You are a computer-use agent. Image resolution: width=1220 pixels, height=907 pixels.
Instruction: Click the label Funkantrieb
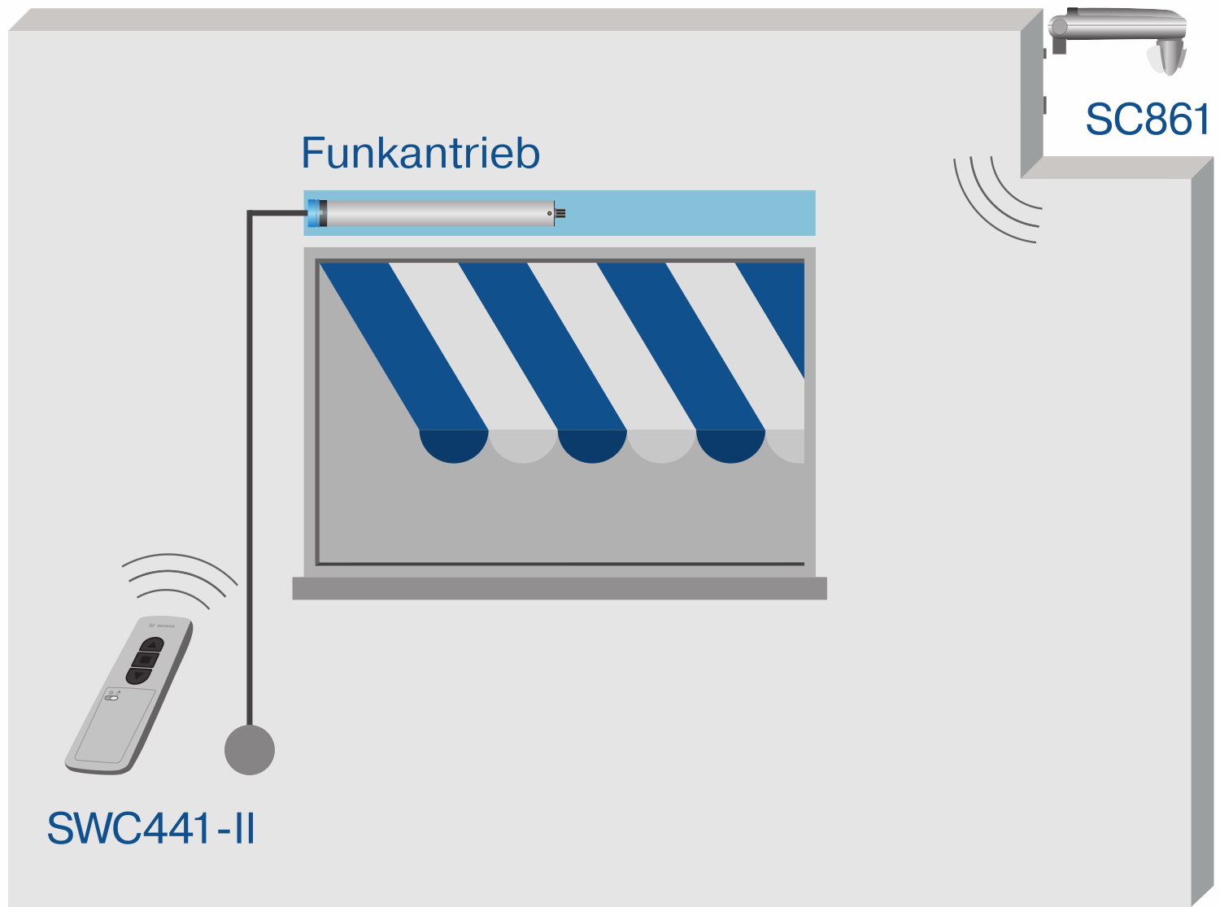click(420, 153)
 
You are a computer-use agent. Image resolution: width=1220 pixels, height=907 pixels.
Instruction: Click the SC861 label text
click(1147, 120)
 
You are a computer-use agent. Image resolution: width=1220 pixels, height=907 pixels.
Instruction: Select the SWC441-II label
click(151, 828)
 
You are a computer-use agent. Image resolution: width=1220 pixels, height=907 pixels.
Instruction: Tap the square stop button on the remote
click(146, 659)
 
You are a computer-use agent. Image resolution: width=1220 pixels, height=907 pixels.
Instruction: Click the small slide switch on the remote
click(112, 697)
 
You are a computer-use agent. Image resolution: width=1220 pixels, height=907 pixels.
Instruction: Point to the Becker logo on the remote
click(160, 626)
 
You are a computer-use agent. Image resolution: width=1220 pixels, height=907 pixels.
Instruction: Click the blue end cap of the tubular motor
click(314, 213)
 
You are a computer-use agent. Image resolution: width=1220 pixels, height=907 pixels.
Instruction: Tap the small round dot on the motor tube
click(550, 213)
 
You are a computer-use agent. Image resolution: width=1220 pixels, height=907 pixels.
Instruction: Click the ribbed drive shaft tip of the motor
click(560, 214)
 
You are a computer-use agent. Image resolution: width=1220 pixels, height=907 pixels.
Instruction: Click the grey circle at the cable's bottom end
click(250, 749)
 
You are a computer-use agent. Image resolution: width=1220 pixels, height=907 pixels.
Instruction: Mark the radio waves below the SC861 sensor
click(997, 200)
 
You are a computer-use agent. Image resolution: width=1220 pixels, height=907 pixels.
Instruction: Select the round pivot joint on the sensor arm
click(1059, 27)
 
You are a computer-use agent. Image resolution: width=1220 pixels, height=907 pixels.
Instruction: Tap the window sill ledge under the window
click(560, 588)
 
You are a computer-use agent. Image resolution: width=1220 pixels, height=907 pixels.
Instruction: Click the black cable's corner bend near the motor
click(250, 214)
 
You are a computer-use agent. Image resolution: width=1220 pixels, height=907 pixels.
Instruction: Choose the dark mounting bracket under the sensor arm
click(1059, 46)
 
